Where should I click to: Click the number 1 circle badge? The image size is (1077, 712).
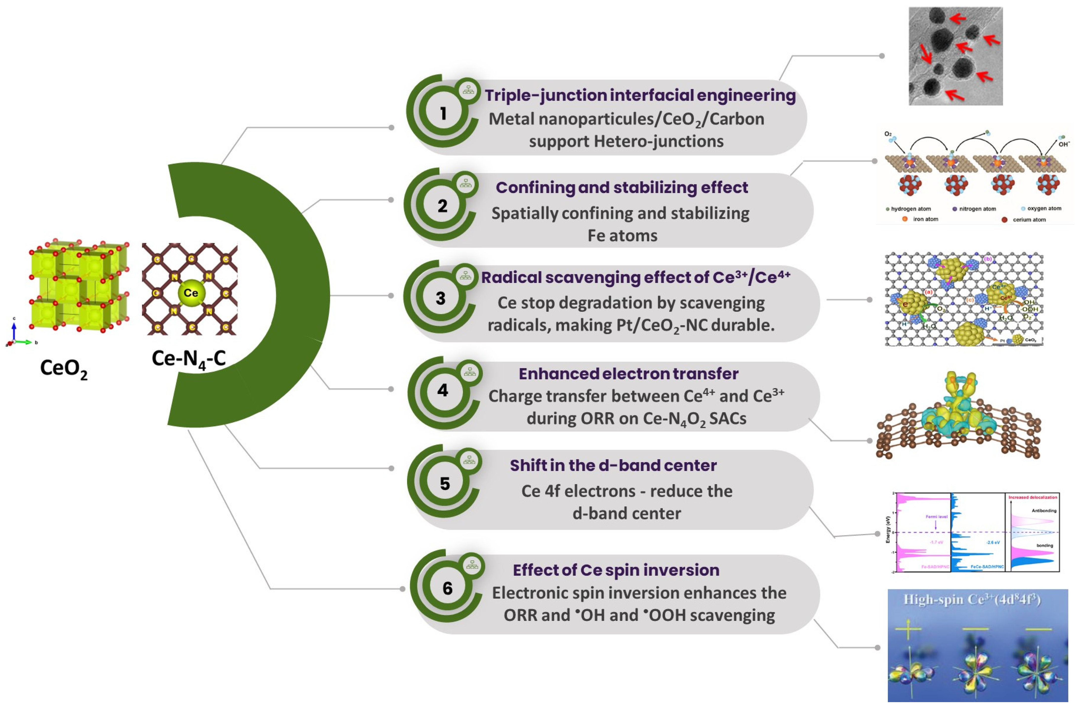point(443,113)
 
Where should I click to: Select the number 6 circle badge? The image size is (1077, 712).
point(447,588)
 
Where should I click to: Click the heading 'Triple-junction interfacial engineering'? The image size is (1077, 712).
point(640,95)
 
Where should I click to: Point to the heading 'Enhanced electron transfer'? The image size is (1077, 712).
point(628,374)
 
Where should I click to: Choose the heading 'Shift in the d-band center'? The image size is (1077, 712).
point(613,465)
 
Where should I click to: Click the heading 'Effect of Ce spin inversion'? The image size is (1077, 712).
point(616,570)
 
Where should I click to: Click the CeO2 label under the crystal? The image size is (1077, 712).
point(63,369)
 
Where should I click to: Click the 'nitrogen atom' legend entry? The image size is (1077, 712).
point(977,209)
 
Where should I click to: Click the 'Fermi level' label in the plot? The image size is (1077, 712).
point(936,517)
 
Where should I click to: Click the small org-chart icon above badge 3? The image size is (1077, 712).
point(465,275)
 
